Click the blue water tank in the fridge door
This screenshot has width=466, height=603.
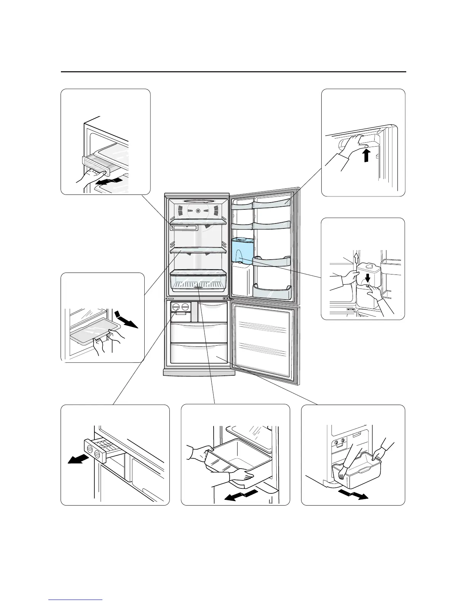243,250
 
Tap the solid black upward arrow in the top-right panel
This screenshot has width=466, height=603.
366,155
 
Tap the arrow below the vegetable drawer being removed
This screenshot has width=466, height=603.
239,495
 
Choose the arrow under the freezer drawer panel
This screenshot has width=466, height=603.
353,495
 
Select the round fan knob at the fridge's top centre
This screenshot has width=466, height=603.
198,211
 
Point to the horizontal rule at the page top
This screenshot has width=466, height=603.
233,72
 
